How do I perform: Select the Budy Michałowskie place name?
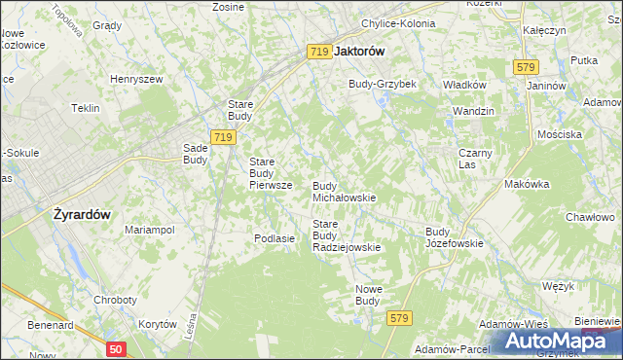coord(344,191)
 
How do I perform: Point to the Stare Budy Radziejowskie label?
coord(346,235)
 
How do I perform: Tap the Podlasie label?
coord(274,238)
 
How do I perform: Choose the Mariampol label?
coord(149,230)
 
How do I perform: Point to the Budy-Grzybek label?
coord(383,84)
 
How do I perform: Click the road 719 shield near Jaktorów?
coord(318,52)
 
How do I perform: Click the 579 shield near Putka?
coord(526,66)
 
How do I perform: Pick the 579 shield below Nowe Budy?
coord(399,318)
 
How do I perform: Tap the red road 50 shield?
coord(116,348)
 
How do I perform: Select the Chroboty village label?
coord(115,301)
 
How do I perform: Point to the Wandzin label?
coord(472,111)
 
